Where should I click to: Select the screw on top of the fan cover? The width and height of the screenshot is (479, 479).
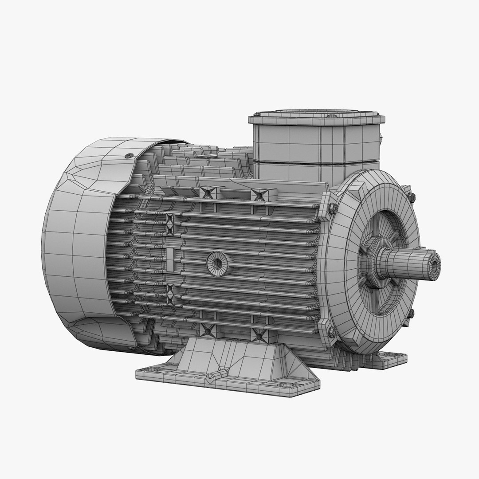point(129,156)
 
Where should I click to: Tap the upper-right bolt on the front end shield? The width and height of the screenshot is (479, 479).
point(411,196)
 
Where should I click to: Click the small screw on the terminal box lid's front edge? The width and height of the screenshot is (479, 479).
point(332,116)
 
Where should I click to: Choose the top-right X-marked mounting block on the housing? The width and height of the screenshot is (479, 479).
point(259,194)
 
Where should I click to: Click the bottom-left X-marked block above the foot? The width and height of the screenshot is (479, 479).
point(208,330)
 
